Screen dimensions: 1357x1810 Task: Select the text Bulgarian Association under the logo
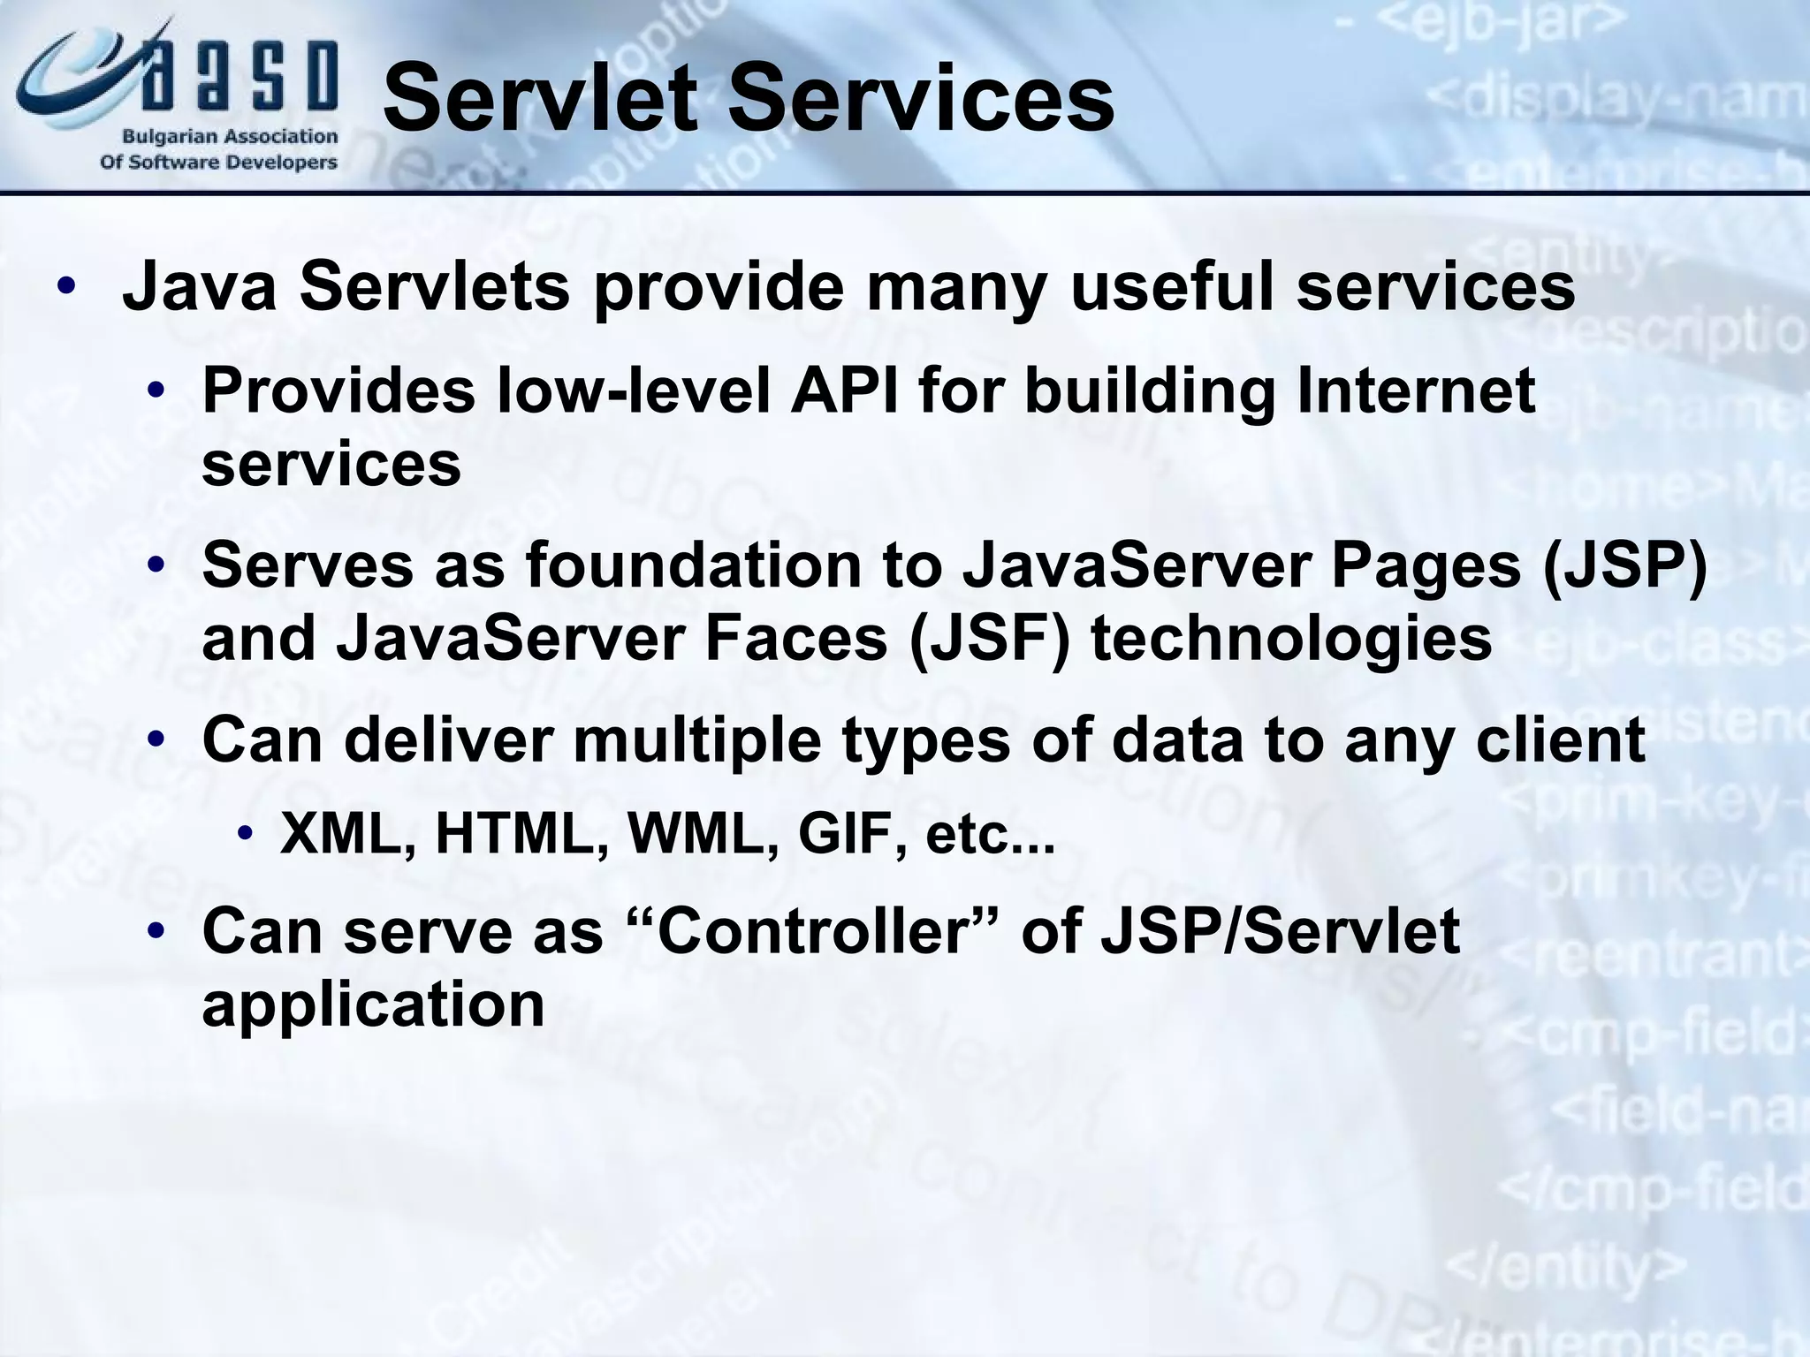pos(230,138)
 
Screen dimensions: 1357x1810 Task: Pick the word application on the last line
pos(373,1004)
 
